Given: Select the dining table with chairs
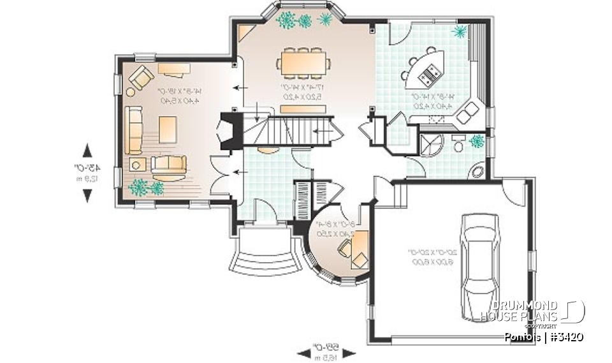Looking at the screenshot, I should [x=304, y=63].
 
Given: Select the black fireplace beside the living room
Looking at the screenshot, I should [x=230, y=130].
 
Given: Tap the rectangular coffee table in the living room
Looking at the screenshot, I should [x=168, y=130].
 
